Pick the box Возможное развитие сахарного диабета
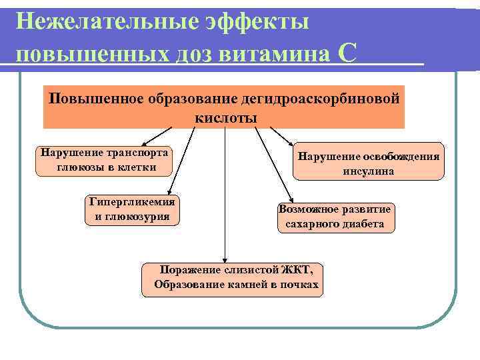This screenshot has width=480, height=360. tap(335, 217)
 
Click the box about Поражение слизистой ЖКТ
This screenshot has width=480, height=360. tap(232, 279)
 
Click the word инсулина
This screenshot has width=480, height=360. tap(369, 171)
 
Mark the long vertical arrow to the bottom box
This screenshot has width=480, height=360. tap(225, 193)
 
